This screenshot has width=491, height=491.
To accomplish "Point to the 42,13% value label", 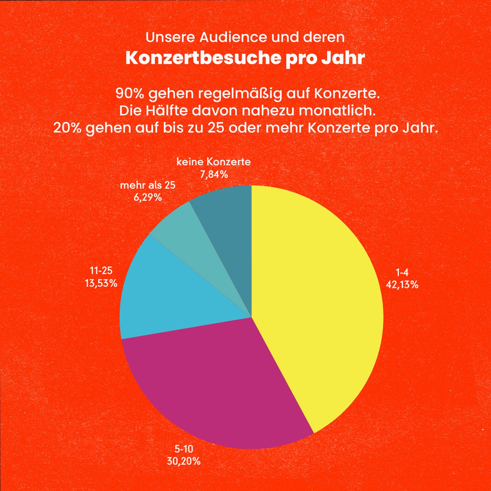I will coord(402,285).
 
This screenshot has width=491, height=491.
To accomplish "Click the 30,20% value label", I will coord(183,461).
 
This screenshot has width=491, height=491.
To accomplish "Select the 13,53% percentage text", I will coord(101,283).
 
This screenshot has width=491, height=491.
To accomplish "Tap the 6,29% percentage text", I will coord(147,197).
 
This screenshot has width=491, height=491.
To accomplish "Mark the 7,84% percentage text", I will coord(214,175).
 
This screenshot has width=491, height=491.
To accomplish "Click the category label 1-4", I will coord(402,272).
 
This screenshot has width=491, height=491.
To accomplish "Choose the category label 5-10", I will coord(183,449).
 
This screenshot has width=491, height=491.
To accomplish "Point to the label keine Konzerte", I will coord(213,162).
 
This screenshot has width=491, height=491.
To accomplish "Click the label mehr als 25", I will coord(148,185).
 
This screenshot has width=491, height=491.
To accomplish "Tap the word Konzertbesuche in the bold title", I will coord(203,58).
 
